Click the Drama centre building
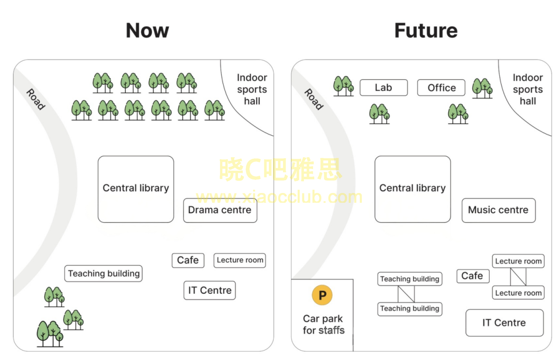tap(220, 210)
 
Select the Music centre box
tap(498, 210)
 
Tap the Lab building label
tap(384, 88)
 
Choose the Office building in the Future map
tap(442, 88)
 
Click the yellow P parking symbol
tap(322, 296)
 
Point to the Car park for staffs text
tap(323, 324)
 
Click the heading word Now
tap(148, 31)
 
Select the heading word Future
tap(425, 31)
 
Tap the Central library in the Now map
tap(136, 189)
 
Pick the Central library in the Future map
tap(413, 189)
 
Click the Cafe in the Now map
tap(188, 260)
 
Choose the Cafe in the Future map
tap(472, 276)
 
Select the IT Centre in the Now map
tap(210, 290)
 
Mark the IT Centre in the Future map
tap(504, 323)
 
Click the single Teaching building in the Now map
tap(104, 274)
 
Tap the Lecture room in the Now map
tap(240, 260)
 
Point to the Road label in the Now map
tap(36, 99)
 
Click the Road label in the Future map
tap(313, 99)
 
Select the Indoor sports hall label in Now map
tap(252, 89)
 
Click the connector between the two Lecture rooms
tap(518, 277)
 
